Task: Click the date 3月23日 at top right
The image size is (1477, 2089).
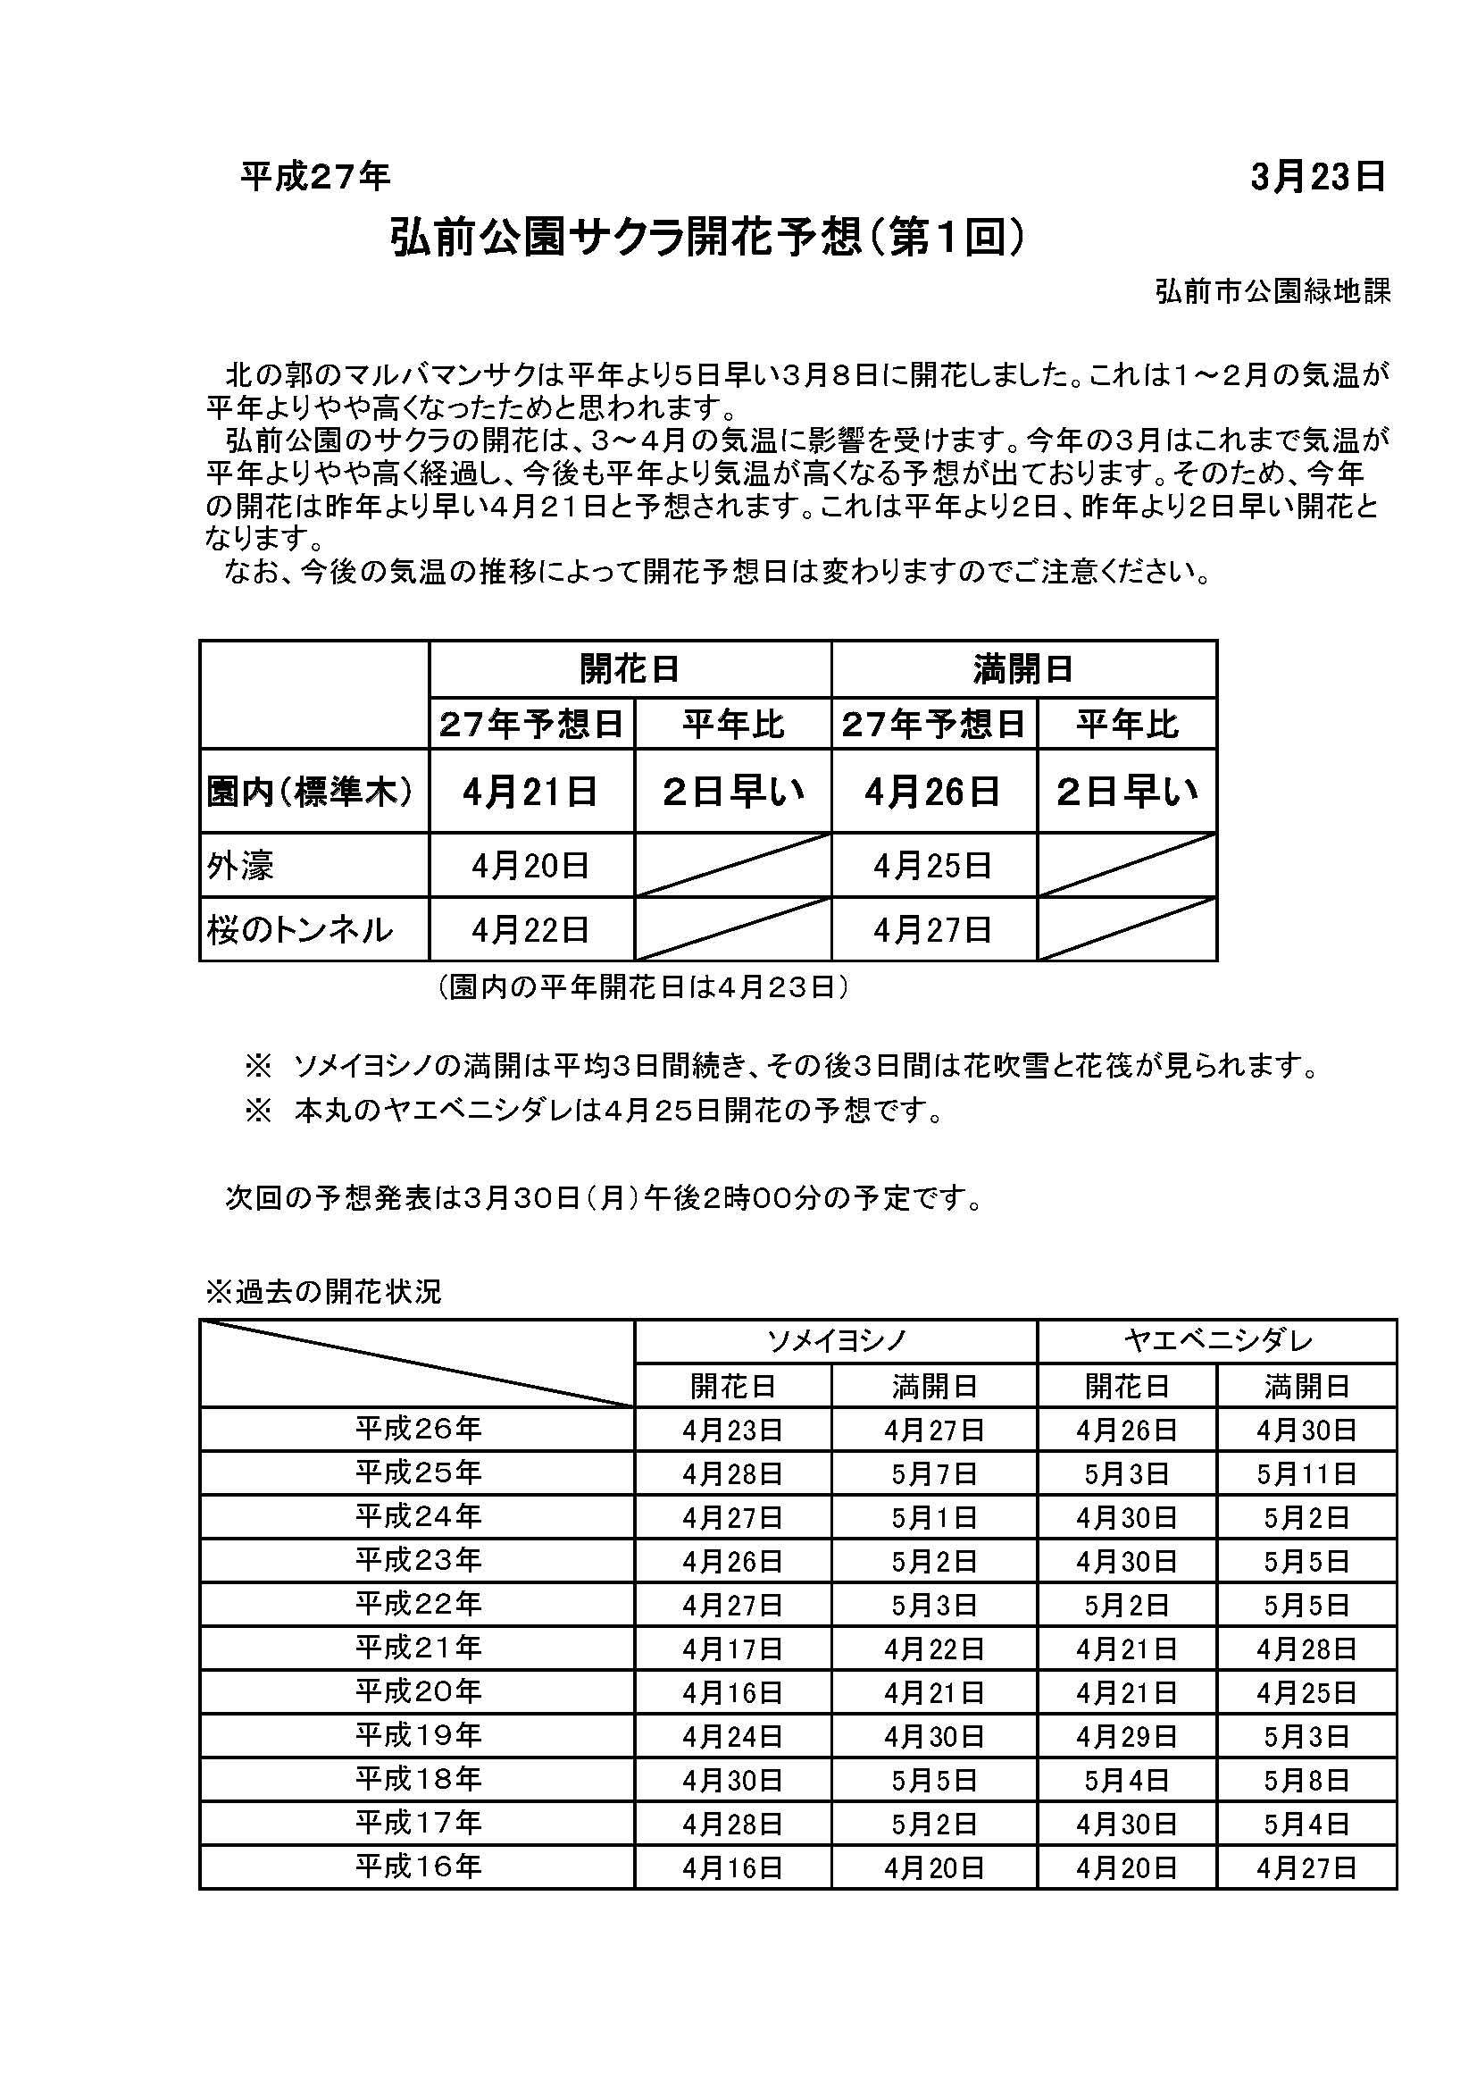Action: point(1317,177)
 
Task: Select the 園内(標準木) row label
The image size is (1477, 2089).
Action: point(310,793)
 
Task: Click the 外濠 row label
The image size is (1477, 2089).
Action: point(240,865)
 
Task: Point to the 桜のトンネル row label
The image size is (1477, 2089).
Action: point(300,930)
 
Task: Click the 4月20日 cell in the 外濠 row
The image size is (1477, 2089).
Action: point(530,865)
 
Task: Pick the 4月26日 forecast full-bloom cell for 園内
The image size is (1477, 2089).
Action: point(932,793)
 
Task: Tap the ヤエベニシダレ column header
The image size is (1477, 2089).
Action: point(1216,1341)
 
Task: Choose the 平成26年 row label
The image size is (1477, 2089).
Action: point(417,1430)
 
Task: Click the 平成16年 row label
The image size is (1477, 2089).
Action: point(417,1867)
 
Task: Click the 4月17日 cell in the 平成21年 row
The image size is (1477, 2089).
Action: point(732,1649)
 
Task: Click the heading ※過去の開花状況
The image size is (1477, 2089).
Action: point(324,1292)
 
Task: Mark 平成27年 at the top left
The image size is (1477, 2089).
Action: point(315,177)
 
